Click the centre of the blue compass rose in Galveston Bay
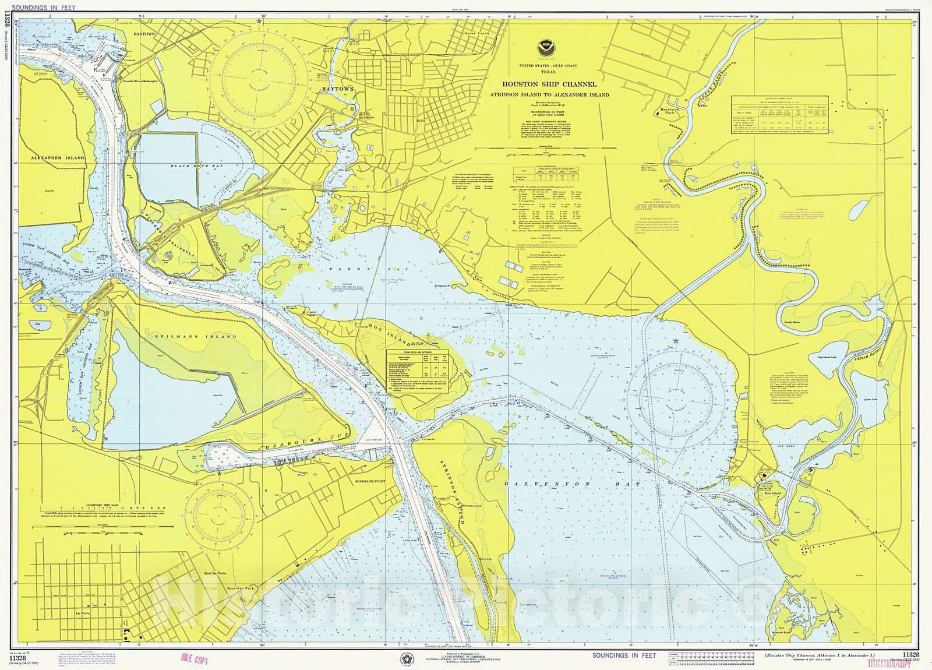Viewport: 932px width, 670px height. pos(677,402)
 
